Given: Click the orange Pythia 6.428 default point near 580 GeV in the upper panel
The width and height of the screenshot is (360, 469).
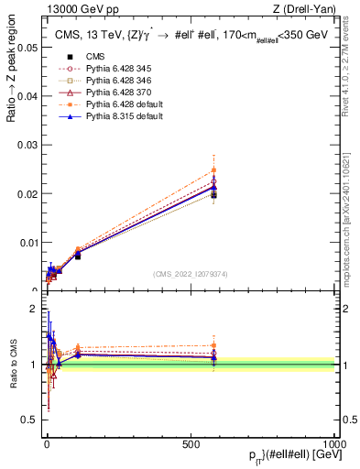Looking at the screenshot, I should point(213,169).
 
